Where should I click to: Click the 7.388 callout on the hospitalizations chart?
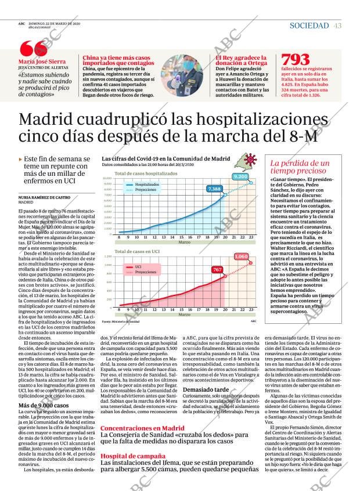[x=214, y=189]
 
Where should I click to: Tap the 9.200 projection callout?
[x=240, y=176]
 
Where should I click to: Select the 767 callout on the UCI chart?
[x=217, y=270]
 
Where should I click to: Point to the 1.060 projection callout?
[x=242, y=256]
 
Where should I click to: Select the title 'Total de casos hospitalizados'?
[x=145, y=174]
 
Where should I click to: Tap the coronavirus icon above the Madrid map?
[x=251, y=160]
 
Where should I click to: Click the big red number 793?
[x=295, y=60]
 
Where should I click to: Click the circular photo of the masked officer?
[x=182, y=75]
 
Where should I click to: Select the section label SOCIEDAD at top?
[x=309, y=26]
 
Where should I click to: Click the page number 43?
[x=337, y=26]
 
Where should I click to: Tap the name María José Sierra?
[x=42, y=62]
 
